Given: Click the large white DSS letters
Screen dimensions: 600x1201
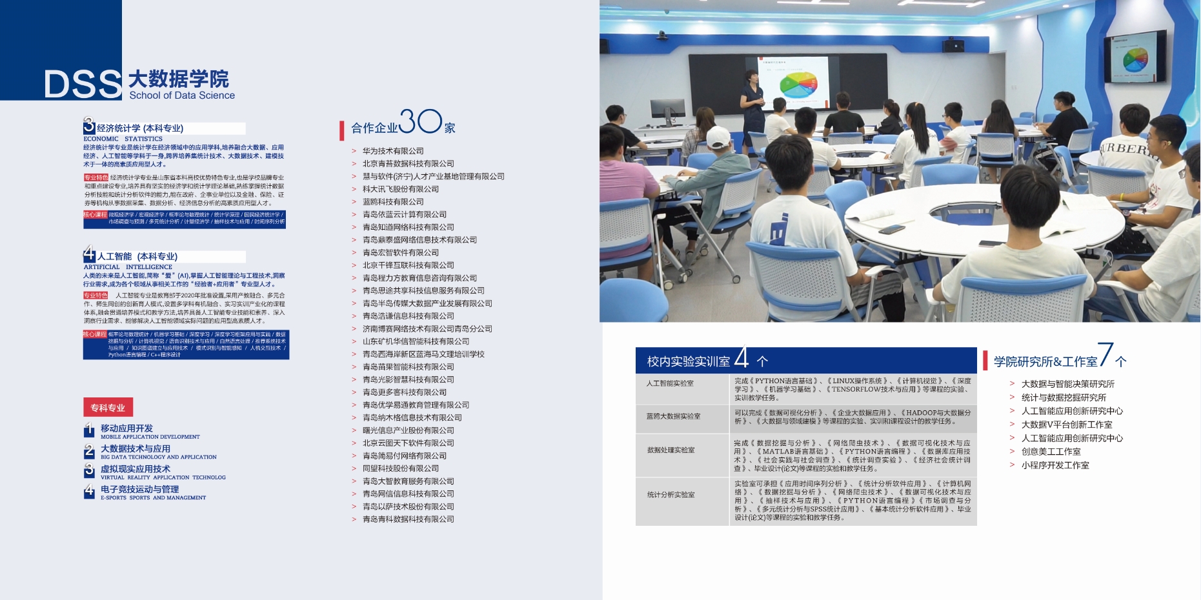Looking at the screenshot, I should (83, 84).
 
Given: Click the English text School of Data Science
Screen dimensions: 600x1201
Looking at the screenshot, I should (182, 95).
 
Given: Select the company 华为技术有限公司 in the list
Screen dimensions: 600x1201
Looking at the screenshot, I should (393, 151).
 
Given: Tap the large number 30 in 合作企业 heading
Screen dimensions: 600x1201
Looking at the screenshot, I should (420, 121).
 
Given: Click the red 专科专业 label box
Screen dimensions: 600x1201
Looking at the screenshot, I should (108, 407).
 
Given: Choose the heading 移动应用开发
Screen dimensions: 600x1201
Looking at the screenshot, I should (126, 428).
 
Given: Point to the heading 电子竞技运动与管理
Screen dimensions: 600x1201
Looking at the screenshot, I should (139, 489).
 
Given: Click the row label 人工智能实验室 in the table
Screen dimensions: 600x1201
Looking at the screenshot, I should (670, 383).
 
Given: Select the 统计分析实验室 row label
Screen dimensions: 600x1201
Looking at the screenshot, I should (671, 495).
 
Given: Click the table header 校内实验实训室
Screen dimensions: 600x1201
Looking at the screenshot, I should (689, 361).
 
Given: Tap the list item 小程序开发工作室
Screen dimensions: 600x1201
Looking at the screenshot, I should (1055, 465).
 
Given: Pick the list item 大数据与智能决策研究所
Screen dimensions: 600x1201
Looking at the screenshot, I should (1067, 384).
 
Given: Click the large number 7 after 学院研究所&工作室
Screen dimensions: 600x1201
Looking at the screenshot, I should (1106, 354).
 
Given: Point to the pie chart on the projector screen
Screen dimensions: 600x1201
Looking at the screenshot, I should (798, 85).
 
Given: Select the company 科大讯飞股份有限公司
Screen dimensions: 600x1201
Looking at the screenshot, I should (400, 189).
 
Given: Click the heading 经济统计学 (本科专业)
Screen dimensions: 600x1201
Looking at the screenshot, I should (140, 128).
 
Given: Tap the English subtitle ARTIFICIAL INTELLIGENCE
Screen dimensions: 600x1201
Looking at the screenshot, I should (128, 267).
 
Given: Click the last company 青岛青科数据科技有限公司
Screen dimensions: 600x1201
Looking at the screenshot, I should (408, 519).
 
